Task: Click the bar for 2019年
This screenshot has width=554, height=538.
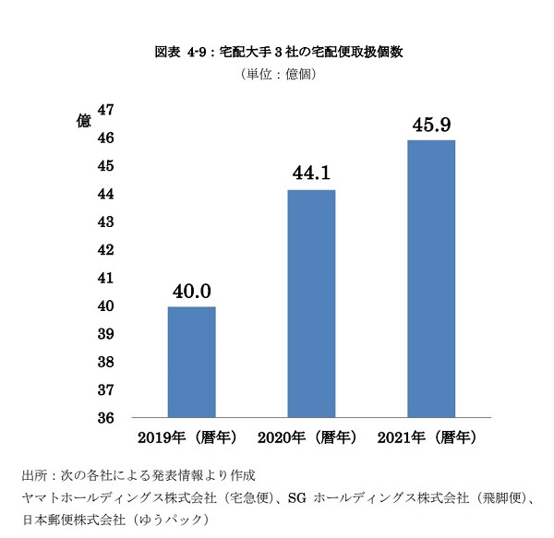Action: coord(191,362)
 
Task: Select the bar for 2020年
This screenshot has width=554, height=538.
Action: coord(311,304)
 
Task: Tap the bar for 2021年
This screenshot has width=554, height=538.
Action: coord(431,279)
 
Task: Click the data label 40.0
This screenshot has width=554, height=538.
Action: coord(191,293)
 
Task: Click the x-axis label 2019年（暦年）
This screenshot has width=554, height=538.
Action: coord(190,436)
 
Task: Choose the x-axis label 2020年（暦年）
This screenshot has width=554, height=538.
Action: coord(310,436)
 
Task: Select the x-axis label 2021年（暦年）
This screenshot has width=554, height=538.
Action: coord(430,436)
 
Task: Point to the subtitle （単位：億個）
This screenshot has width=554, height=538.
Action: coord(277,74)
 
